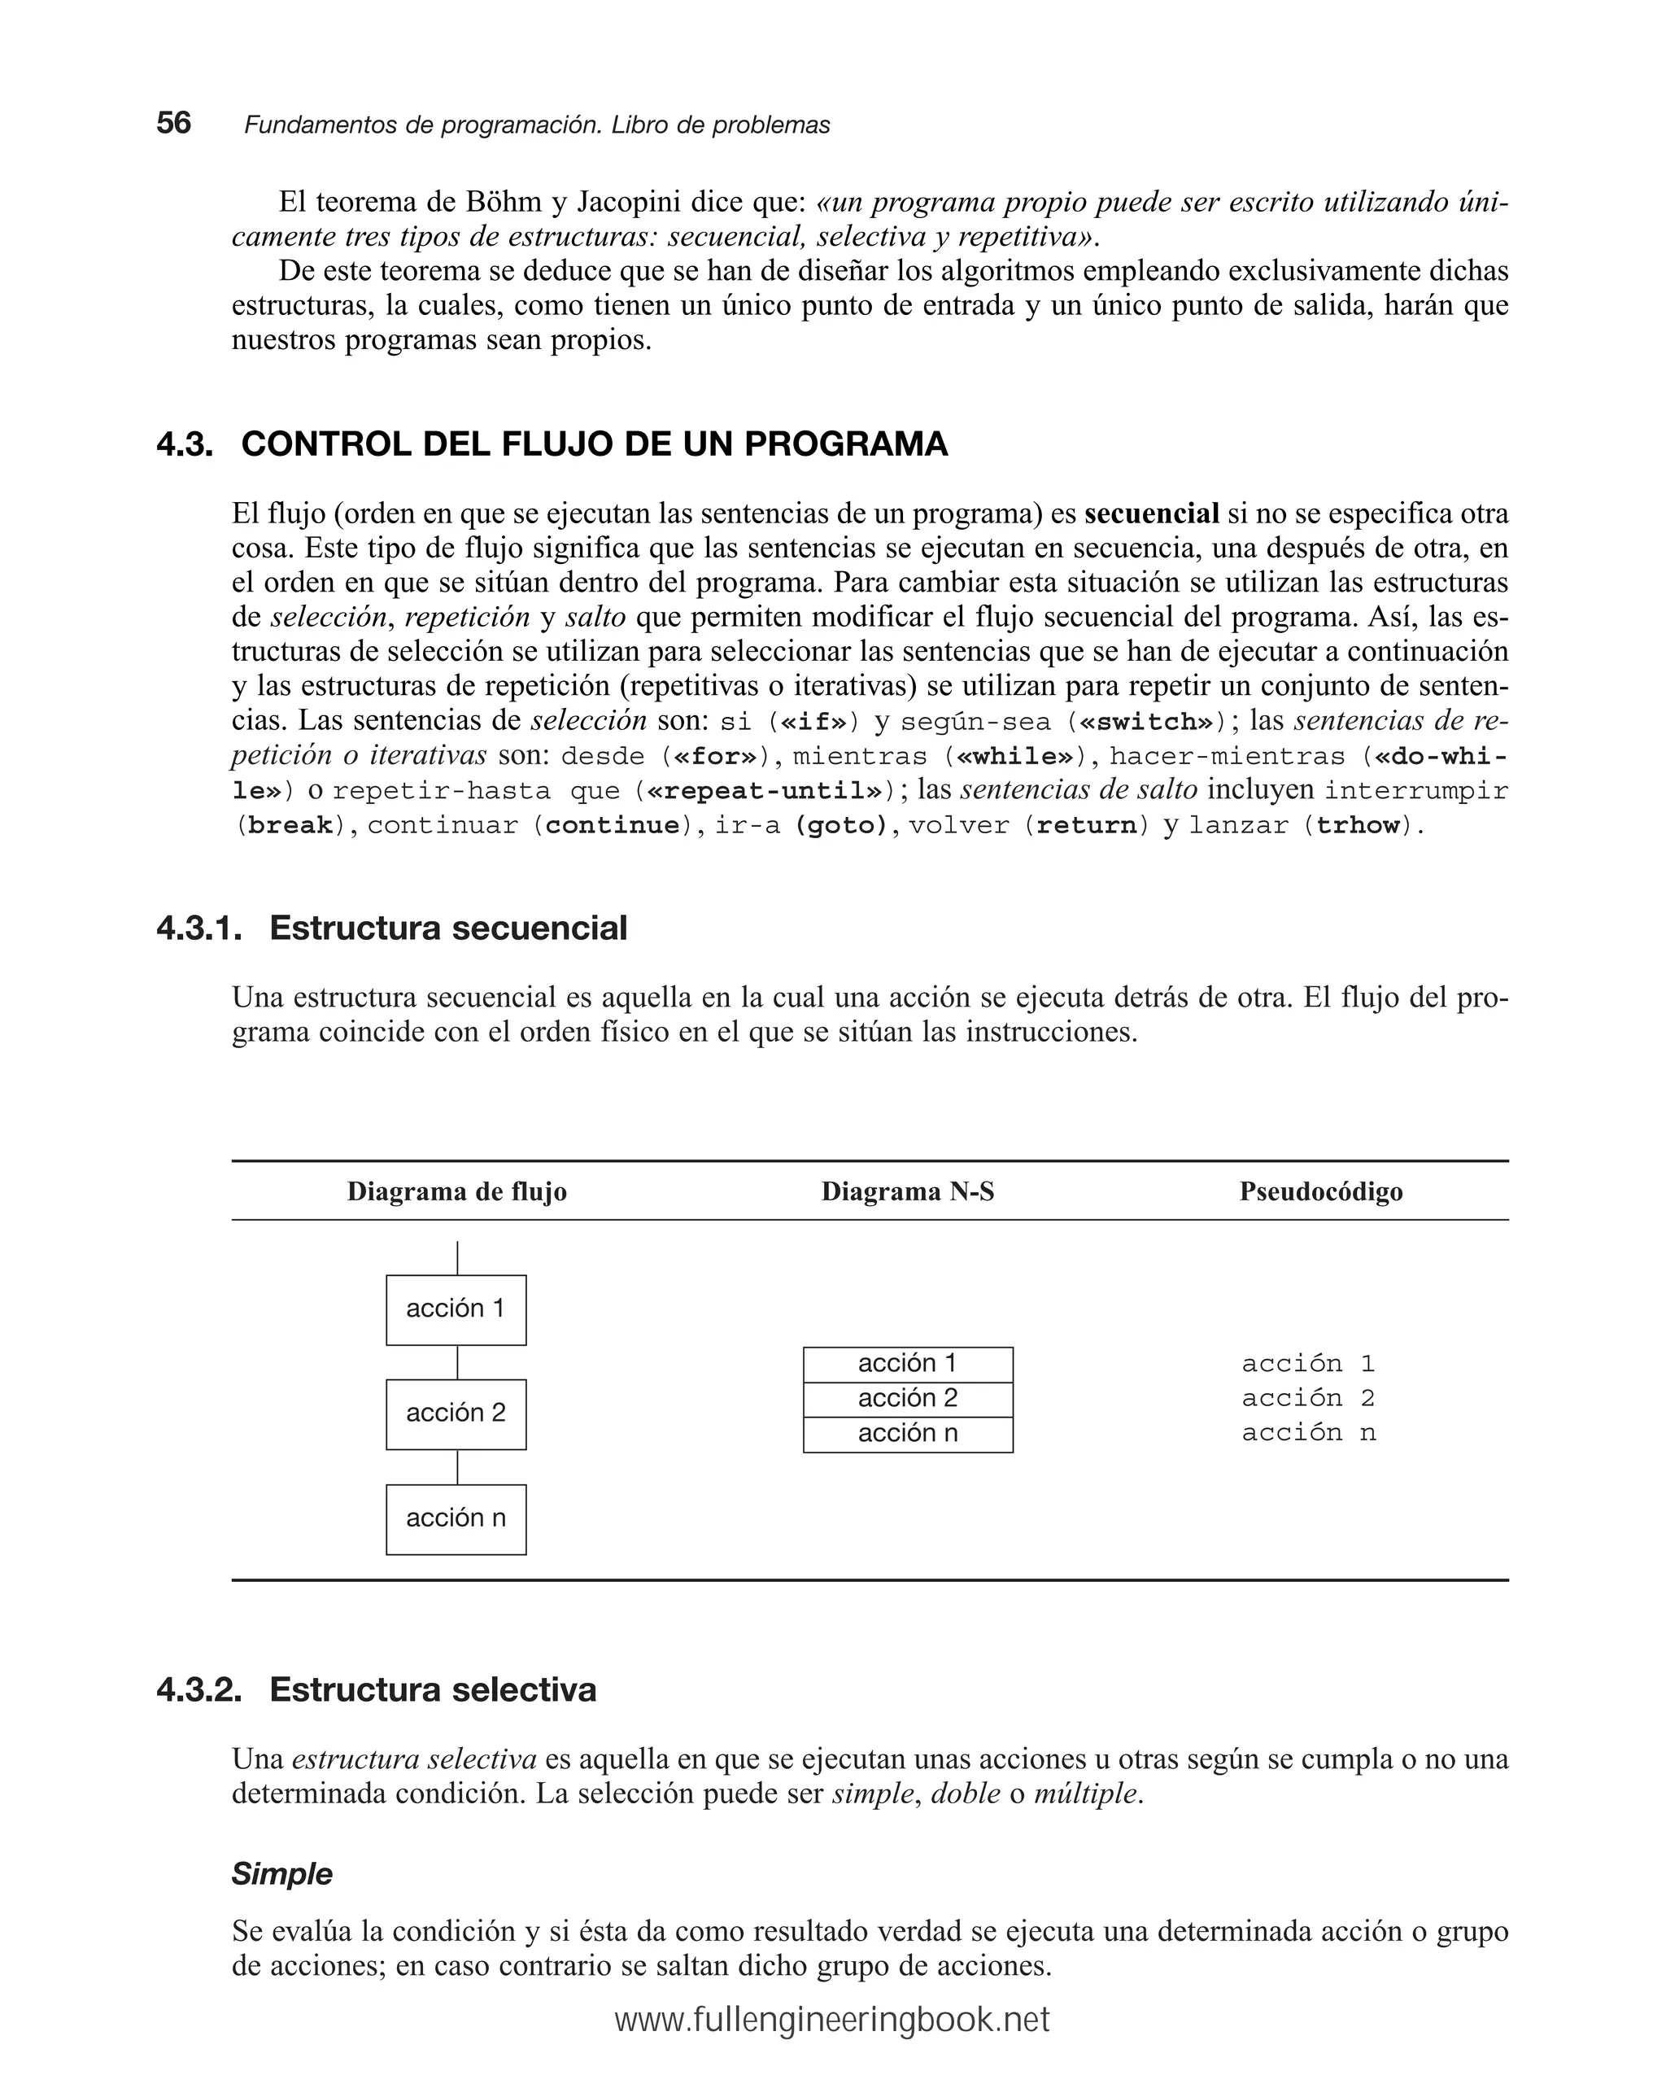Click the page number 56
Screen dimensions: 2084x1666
pos(174,124)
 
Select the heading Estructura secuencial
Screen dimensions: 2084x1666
pos(447,928)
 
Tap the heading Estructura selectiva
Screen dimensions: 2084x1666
pos(432,1689)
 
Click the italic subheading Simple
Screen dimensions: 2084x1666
pos(281,1873)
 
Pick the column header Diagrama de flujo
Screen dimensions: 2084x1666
pos(456,1192)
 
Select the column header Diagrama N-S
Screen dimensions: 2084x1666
pos(907,1192)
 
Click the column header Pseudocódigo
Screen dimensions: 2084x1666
pos(1320,1192)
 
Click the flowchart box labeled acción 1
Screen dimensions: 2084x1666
pos(456,1310)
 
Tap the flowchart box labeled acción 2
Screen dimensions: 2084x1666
pos(456,1414)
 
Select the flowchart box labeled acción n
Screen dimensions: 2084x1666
pos(456,1519)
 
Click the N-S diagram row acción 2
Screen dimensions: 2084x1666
pos(907,1399)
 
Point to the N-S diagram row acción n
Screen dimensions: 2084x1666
pos(907,1435)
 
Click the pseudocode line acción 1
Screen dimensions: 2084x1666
pos(1307,1364)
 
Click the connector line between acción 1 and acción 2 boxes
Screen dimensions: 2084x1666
pos(457,1362)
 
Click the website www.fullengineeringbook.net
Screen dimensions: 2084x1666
pos(832,2021)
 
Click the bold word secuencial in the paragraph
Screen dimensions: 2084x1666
pos(1151,513)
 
